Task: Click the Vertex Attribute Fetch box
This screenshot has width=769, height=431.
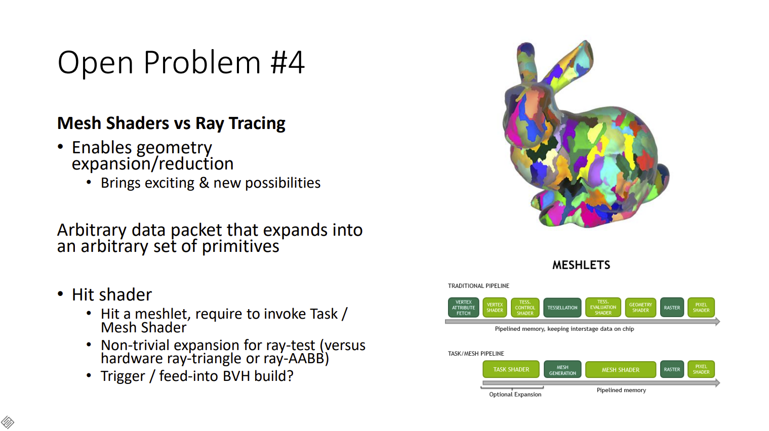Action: pos(463,308)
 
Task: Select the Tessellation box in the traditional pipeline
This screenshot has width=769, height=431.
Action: pos(562,308)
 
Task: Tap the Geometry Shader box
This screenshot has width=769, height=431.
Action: pos(640,308)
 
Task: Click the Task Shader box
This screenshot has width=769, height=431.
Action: pos(511,369)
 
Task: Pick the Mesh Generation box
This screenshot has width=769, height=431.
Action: pos(562,369)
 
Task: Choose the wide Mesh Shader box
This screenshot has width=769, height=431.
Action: pos(620,370)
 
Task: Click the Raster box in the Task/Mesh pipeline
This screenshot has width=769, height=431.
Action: pos(672,369)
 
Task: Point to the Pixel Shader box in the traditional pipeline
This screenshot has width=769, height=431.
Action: pos(701,308)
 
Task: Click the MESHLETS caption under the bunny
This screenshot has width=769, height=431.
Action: pos(581,265)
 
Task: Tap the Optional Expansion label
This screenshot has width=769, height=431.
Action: pos(515,394)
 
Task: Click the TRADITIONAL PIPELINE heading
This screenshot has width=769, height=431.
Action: pos(478,285)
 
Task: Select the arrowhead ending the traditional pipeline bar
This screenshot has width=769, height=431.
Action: pos(717,322)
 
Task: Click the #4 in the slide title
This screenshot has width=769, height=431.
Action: pos(288,62)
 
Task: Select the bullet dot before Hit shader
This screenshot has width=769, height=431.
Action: pos(60,294)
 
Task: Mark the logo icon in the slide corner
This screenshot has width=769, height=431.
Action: pos(8,422)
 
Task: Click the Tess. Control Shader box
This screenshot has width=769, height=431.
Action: pos(525,308)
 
